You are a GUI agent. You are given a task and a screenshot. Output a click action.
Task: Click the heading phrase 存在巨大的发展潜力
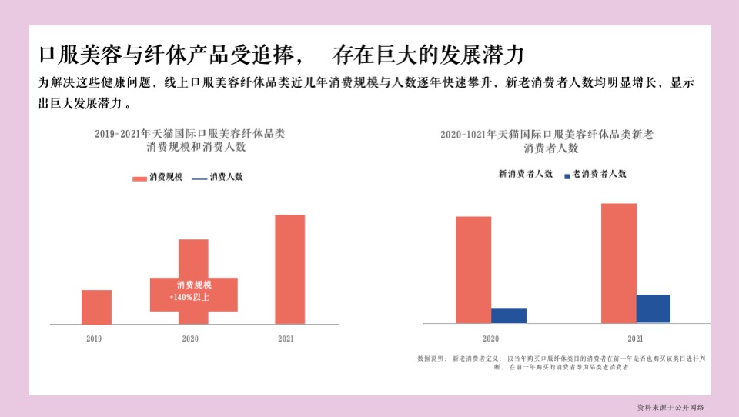[x=429, y=55]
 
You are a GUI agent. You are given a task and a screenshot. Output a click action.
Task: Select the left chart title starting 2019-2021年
[x=189, y=140]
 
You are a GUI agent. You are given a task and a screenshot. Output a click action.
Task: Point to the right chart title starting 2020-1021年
[x=547, y=141]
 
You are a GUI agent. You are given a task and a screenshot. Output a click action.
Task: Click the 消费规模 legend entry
[x=158, y=177]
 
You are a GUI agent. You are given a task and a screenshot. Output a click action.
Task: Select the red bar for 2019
[x=96, y=307]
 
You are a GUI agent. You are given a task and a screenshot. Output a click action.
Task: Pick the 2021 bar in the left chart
[x=289, y=269]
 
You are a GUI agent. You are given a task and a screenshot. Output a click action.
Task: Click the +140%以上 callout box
[x=193, y=295]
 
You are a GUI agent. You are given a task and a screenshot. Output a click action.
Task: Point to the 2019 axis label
[x=94, y=339]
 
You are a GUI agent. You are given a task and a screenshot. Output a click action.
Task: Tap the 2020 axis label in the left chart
[x=190, y=339]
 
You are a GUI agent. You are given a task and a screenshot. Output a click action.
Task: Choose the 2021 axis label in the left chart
[x=285, y=339]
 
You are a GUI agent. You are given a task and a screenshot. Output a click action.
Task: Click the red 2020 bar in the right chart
[x=473, y=269]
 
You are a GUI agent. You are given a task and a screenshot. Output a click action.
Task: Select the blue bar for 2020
[x=508, y=315]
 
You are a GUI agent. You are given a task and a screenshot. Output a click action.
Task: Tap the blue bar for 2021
[x=653, y=309]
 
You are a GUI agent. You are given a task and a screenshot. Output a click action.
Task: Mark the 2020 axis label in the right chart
[x=490, y=339]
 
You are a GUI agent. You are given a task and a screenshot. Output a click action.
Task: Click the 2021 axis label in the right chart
[x=635, y=339]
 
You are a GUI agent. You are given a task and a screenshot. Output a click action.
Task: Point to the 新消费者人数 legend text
[x=526, y=174]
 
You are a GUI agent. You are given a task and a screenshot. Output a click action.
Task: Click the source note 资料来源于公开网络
[x=670, y=407]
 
